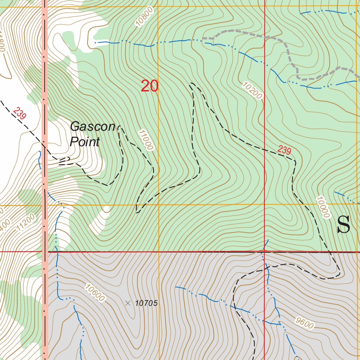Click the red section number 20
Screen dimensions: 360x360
[x=149, y=86]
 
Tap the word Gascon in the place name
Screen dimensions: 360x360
[x=92, y=127]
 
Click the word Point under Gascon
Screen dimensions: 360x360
[x=85, y=142]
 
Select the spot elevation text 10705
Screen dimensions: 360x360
[x=146, y=303]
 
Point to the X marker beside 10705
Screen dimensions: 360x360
[x=128, y=303]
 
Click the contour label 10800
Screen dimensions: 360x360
[x=144, y=18]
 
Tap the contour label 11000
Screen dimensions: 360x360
[x=146, y=140]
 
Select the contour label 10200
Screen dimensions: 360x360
[x=252, y=90]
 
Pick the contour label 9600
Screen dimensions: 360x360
[x=304, y=322]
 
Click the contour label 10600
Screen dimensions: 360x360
[x=95, y=292]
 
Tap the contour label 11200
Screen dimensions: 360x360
[x=26, y=222]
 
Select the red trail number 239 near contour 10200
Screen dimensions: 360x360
[x=284, y=150]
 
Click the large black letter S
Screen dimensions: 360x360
[x=343, y=225]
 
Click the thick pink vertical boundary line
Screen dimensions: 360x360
[x=45, y=176]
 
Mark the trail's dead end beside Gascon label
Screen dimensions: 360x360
[x=119, y=127]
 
